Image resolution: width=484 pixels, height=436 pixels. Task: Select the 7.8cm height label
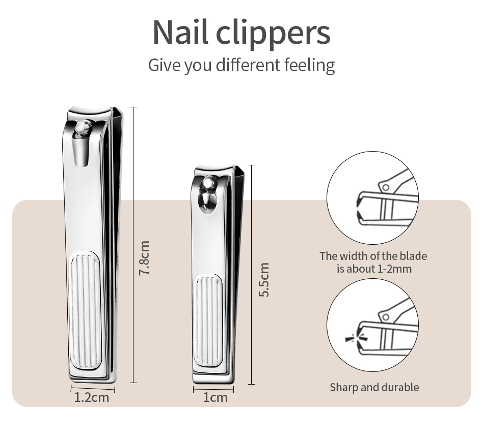click(144, 258)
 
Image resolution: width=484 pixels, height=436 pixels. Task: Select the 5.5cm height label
click(263, 279)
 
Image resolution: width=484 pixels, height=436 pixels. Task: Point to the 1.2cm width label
click(92, 397)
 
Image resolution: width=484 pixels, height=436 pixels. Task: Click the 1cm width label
click(215, 397)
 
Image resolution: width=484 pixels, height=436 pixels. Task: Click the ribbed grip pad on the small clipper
click(207, 321)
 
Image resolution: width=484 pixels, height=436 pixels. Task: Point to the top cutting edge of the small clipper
click(214, 168)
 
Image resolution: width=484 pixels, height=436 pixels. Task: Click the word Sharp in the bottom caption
click(344, 387)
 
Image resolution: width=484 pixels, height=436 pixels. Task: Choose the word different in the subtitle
click(248, 65)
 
